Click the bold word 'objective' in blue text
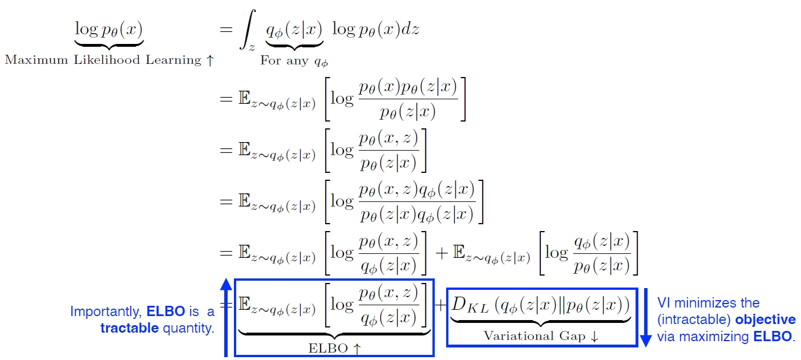pyautogui.click(x=765, y=319)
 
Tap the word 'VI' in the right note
pyautogui.click(x=664, y=303)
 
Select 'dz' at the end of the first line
pyautogui.click(x=411, y=29)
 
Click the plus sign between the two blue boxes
pyautogui.click(x=440, y=305)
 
